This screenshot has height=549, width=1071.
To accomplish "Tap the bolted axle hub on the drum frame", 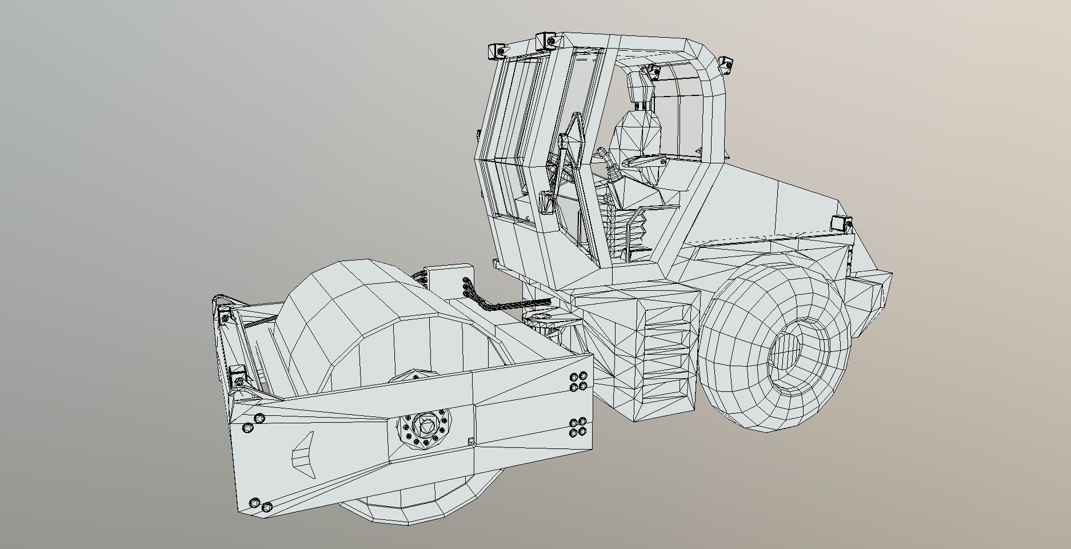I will [423, 427].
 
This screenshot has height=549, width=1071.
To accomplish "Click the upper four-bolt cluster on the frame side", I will [578, 382].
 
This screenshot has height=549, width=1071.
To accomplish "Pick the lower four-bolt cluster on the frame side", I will [578, 427].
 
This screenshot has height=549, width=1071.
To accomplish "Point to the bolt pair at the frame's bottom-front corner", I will [261, 505].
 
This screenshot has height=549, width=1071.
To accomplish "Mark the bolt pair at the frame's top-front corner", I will [253, 423].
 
